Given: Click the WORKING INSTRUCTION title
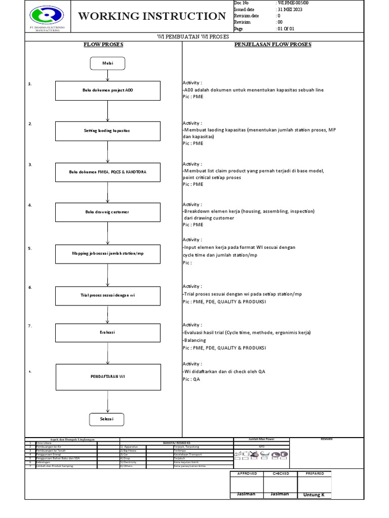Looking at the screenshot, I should (x=152, y=16).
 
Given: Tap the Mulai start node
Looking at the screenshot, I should (x=107, y=63).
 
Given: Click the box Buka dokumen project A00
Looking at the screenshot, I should (x=107, y=91).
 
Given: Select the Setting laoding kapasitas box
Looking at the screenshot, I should (x=107, y=131).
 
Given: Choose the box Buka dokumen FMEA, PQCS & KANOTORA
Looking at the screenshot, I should (x=107, y=172).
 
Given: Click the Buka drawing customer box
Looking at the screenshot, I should (x=107, y=212).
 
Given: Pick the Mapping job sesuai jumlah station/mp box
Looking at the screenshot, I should (x=107, y=253).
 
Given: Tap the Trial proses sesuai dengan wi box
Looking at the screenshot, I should (x=107, y=294).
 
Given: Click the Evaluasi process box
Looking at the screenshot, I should (x=107, y=332).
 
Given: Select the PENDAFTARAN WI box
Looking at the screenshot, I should (x=107, y=377).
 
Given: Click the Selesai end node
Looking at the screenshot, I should (x=107, y=419).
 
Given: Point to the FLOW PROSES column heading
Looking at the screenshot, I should (x=103, y=45).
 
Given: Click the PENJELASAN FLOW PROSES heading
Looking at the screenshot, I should (x=273, y=45).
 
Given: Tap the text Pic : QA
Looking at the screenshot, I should (x=191, y=379).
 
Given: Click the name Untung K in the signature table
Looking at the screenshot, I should (x=314, y=495).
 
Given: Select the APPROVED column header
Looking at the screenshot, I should (x=247, y=473).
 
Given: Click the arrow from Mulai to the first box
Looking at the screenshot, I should (x=107, y=75).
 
